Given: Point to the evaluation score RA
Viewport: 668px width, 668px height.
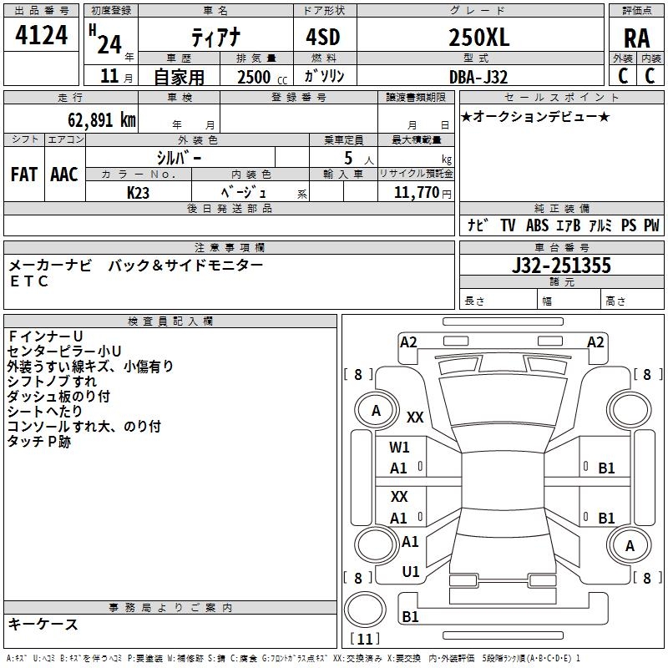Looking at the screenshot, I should coord(636,38).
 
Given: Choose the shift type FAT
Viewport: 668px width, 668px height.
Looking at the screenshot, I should coord(24,174).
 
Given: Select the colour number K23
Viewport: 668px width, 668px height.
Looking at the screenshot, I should coord(139,192).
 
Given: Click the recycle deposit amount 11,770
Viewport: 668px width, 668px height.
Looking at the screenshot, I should coord(417,192).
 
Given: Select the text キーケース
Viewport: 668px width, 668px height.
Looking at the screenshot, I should coord(43,624).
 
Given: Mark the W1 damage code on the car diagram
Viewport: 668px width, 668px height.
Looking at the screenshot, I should coord(399,448).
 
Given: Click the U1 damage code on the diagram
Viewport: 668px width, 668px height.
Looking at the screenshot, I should coord(410,572).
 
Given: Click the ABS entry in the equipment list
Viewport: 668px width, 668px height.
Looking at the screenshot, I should coord(538,225).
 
